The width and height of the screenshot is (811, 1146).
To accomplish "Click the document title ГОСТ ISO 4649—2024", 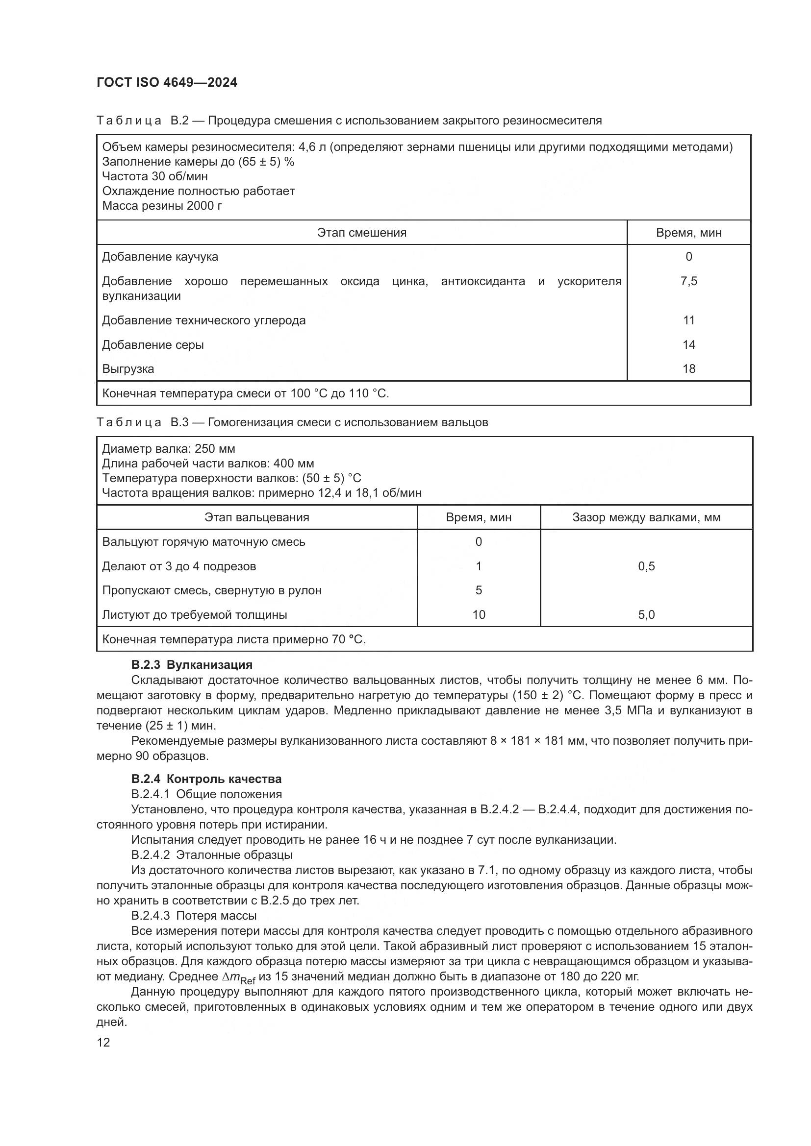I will (167, 83).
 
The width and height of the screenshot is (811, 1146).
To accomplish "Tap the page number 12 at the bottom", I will (103, 1042).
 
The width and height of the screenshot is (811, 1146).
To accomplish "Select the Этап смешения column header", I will (361, 233).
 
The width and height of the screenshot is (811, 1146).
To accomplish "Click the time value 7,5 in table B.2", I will (688, 282).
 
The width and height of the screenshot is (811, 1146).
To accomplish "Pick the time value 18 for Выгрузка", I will (688, 369).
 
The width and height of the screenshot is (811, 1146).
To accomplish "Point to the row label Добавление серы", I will (153, 345).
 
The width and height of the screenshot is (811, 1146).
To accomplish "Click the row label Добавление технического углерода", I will (204, 320).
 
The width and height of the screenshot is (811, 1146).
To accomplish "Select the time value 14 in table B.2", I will (688, 345).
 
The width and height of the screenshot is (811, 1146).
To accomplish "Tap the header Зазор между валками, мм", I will (646, 517).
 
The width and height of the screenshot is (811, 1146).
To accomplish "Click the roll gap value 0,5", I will (646, 566).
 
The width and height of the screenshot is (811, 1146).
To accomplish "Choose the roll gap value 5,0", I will (646, 615).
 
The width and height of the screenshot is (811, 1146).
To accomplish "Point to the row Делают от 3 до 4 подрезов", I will (179, 566).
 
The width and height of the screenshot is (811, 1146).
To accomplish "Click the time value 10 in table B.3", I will (479, 615).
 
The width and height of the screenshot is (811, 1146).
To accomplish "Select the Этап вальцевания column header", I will (256, 517).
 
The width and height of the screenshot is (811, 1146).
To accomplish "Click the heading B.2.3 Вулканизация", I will (192, 665).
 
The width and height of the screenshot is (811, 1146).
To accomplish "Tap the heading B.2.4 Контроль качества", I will (206, 779).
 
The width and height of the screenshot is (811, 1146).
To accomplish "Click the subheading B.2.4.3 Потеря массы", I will (194, 915).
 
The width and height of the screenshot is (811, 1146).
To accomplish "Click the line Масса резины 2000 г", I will (162, 206).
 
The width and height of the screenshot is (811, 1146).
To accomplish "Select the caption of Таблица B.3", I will (292, 422).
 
